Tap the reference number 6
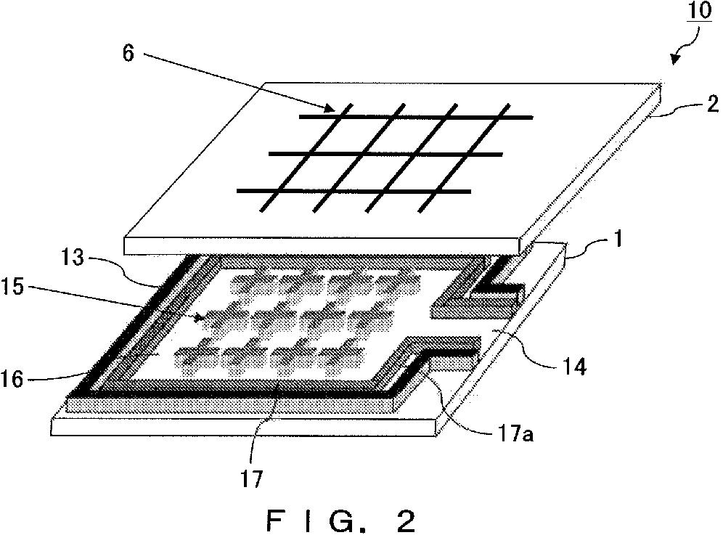(128, 55)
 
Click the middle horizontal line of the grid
(385, 154)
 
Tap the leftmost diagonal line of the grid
(305, 154)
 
